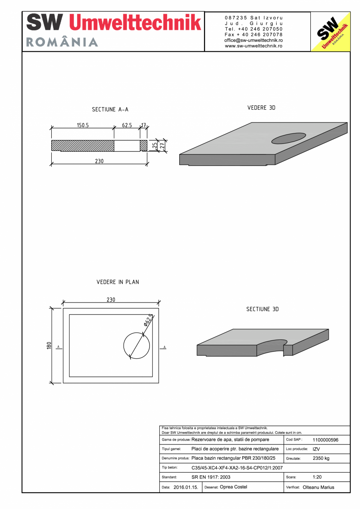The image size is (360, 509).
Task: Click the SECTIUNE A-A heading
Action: click(x=110, y=110)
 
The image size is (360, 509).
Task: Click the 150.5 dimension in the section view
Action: click(x=83, y=126)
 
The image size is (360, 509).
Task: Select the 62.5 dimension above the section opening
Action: click(x=127, y=126)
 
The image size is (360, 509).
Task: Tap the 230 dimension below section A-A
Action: click(x=99, y=161)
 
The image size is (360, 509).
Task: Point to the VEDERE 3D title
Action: click(x=261, y=108)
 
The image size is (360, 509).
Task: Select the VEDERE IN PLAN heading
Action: click(x=118, y=282)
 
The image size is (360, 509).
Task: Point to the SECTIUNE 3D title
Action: click(x=262, y=309)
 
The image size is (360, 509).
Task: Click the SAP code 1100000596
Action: click(x=326, y=440)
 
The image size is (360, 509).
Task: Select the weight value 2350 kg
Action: click(x=321, y=458)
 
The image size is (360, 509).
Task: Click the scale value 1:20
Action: click(x=317, y=477)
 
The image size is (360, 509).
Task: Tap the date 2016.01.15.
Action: click(x=186, y=487)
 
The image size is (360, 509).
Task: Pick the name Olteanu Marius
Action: click(x=319, y=487)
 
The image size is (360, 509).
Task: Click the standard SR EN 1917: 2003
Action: click(x=211, y=477)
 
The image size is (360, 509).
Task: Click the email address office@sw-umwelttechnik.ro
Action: click(x=254, y=40)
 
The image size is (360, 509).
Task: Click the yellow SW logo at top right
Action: click(x=330, y=32)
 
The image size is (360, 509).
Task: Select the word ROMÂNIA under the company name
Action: click(x=62, y=42)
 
